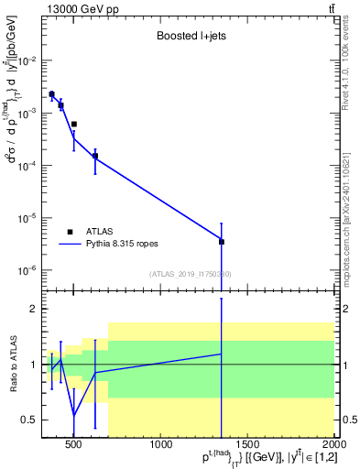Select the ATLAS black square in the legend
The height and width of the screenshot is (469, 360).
click(68, 232)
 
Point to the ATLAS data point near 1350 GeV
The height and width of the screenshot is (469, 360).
click(221, 242)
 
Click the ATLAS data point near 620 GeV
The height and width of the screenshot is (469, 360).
click(95, 156)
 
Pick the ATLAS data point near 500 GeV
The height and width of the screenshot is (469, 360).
click(74, 124)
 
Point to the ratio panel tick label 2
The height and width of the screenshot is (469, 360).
click(34, 309)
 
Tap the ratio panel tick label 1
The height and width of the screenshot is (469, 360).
click(34, 365)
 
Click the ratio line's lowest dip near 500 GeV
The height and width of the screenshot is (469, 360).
click(74, 415)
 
